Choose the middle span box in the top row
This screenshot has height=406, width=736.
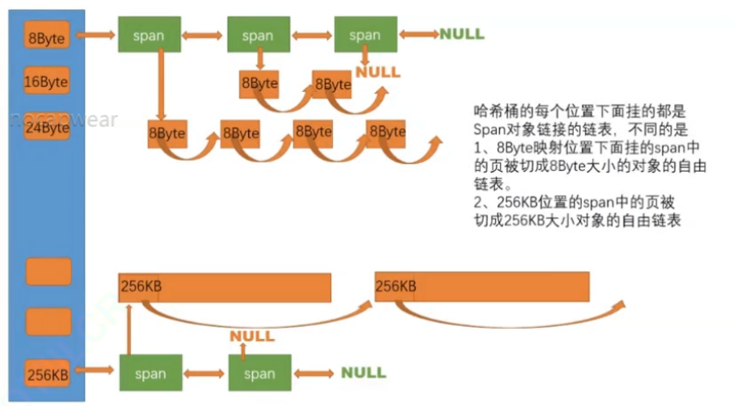click(x=258, y=36)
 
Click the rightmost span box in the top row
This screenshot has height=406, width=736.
click(x=365, y=36)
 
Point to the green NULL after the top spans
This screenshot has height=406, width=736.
click(x=462, y=34)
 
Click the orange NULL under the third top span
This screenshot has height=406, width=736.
click(x=377, y=72)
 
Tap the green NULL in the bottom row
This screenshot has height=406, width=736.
click(x=364, y=373)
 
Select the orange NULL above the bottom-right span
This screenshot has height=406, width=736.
click(x=252, y=336)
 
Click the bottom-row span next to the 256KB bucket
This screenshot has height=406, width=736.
click(x=150, y=373)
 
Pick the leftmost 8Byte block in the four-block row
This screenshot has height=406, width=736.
click(x=168, y=134)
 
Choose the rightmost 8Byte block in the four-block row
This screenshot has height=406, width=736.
click(x=386, y=131)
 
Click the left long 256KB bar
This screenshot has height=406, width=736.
click(x=225, y=287)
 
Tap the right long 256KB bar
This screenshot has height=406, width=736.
click(x=481, y=287)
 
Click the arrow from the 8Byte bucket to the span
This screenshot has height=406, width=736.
click(x=95, y=36)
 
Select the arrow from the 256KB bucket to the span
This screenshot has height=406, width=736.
click(x=95, y=371)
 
